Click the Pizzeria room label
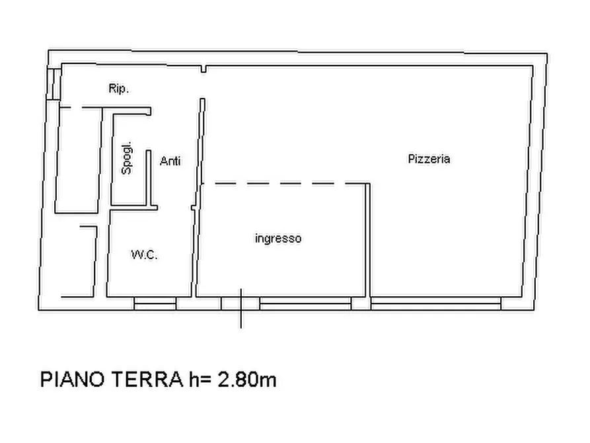tap(429, 159)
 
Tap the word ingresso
tap(278, 239)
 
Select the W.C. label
tap(144, 255)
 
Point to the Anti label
tap(170, 161)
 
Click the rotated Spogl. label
tap(128, 159)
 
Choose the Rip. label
tap(118, 88)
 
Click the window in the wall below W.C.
tap(155, 303)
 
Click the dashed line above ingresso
tap(284, 183)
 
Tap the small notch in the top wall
tap(204, 69)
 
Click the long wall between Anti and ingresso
tap(199, 198)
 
